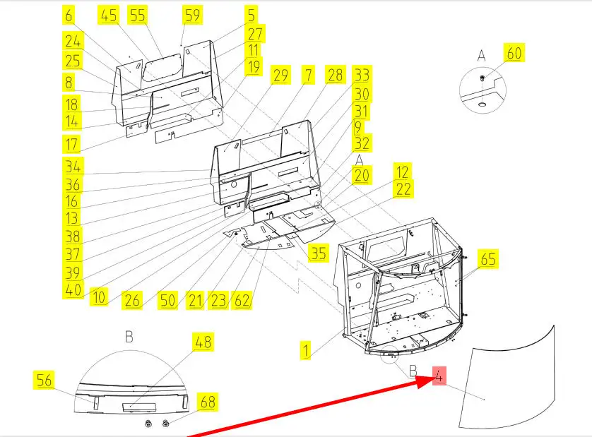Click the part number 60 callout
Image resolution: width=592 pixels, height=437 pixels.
tap(514, 53)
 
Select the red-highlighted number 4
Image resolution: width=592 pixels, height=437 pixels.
tap(439, 376)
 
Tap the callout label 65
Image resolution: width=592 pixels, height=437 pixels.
tap(488, 258)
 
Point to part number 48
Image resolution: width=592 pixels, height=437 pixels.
tap(203, 342)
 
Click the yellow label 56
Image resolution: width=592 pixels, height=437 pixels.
tap(44, 380)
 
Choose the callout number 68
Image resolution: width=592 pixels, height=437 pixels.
tap(208, 402)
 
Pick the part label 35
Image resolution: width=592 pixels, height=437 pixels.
tap(319, 253)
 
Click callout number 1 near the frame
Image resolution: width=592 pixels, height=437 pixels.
tap(306, 351)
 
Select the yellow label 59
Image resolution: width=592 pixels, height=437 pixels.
tap(193, 15)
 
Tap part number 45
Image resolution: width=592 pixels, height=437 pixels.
tap(109, 15)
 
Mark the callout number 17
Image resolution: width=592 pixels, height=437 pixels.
tap(71, 144)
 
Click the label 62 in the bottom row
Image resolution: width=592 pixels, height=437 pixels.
tap(242, 300)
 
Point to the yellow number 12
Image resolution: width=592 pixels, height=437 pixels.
tap(403, 172)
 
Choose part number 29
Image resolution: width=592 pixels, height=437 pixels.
tap(280, 75)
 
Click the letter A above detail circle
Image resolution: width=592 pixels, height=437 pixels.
tap(481, 56)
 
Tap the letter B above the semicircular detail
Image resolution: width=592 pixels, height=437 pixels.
tap(129, 336)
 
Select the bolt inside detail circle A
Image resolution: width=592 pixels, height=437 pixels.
tap(482, 78)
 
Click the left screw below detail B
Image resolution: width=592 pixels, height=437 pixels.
tap(148, 424)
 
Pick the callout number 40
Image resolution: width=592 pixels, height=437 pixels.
tap(73, 290)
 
